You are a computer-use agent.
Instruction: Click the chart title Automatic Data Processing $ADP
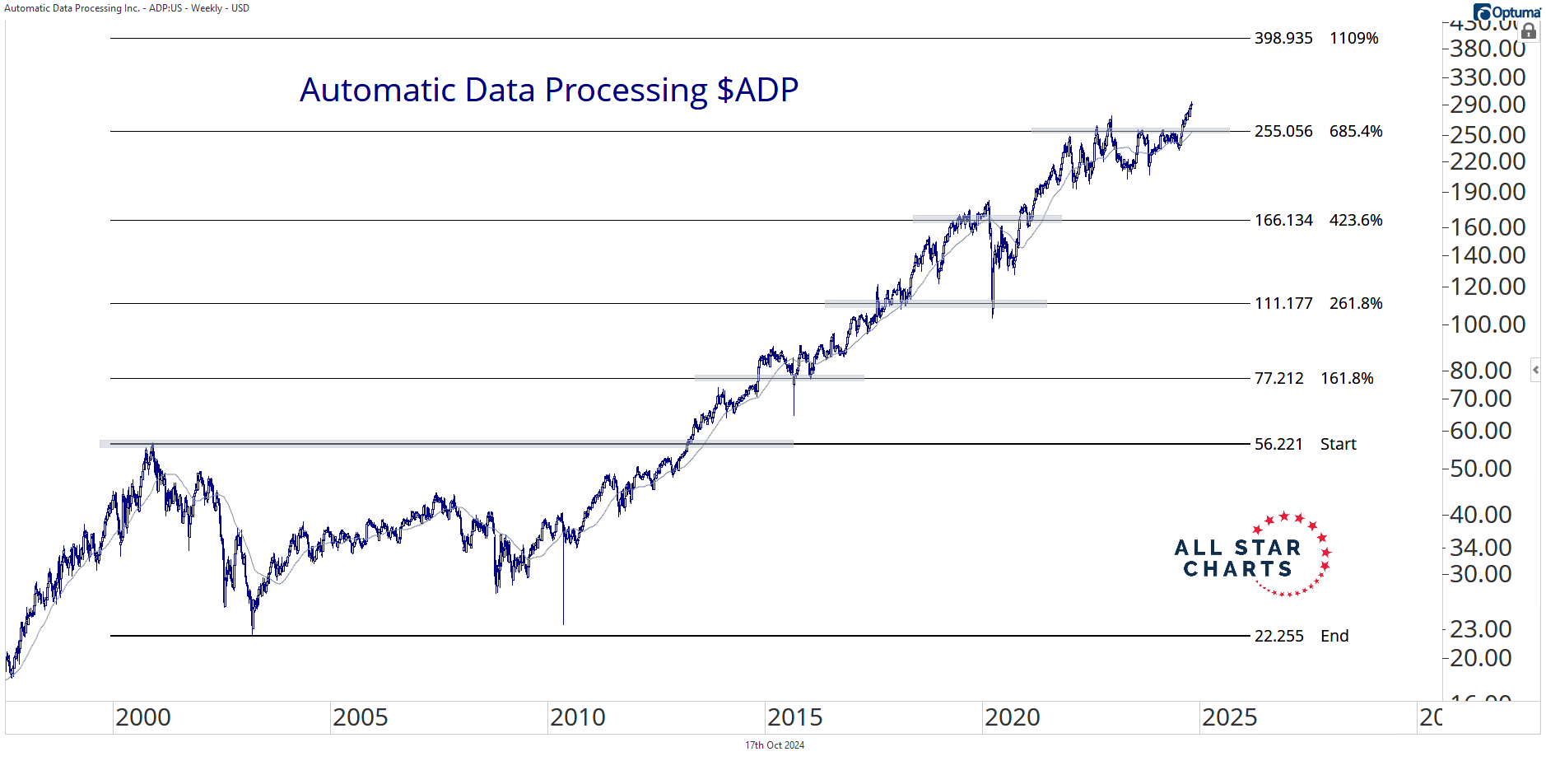click(549, 90)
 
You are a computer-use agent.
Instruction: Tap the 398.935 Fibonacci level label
click(1283, 39)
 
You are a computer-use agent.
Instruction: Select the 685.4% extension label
click(1356, 132)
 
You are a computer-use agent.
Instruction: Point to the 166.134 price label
click(1283, 221)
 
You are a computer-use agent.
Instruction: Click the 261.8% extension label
click(1356, 304)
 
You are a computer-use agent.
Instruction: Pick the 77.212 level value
click(1278, 379)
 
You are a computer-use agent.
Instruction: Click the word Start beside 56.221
click(1338, 445)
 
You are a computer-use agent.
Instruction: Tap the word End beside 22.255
click(1334, 637)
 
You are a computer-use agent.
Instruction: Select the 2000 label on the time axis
click(143, 717)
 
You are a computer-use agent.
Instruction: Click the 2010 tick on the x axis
click(578, 717)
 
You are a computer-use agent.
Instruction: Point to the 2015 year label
click(795, 717)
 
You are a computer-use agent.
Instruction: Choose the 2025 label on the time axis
click(1230, 717)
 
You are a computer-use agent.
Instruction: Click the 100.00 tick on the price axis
click(1488, 324)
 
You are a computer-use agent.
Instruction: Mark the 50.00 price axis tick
click(1480, 469)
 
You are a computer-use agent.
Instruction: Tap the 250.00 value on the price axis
click(1488, 135)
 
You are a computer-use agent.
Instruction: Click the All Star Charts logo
click(1251, 554)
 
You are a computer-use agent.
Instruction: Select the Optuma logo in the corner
click(1507, 12)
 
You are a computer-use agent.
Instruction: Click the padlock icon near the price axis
click(1529, 32)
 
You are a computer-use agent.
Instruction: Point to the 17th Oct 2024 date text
click(775, 745)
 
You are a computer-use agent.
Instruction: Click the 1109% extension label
click(1353, 39)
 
